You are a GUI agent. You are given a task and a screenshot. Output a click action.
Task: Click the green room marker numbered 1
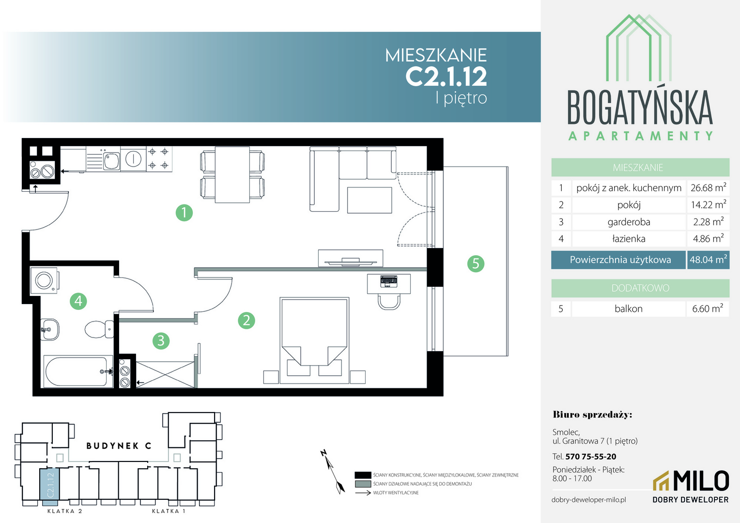184,213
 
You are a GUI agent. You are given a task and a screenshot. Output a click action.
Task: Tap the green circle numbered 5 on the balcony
476,263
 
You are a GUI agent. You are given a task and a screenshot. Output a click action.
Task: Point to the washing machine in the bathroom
45,280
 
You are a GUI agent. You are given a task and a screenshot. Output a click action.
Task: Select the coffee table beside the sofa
370,200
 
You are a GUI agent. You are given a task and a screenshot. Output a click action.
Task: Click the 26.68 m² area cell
709,188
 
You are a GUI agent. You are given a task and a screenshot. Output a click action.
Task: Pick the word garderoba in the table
629,222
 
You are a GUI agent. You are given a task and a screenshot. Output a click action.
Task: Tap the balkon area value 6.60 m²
708,308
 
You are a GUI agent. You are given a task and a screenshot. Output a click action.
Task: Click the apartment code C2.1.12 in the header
446,77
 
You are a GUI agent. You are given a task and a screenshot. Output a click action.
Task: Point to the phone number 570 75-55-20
591,457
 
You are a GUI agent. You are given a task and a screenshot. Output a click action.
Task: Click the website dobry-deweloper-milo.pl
589,500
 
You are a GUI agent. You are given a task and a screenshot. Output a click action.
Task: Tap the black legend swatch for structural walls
363,475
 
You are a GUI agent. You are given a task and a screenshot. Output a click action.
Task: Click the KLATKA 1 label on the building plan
169,511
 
